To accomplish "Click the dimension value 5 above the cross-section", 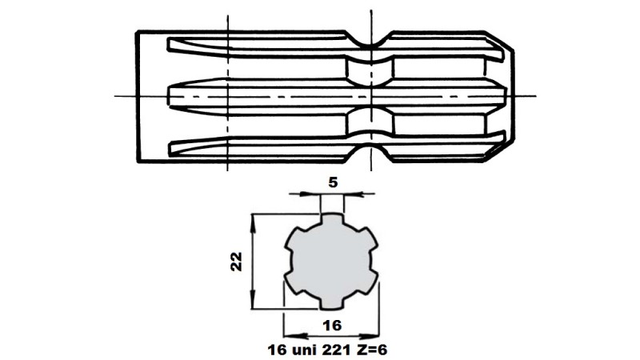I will tap(333, 182).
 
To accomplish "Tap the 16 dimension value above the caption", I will tap(333, 325).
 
